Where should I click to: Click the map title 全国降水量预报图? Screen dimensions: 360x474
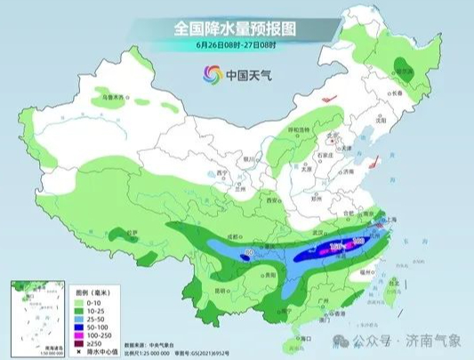(236, 28)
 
